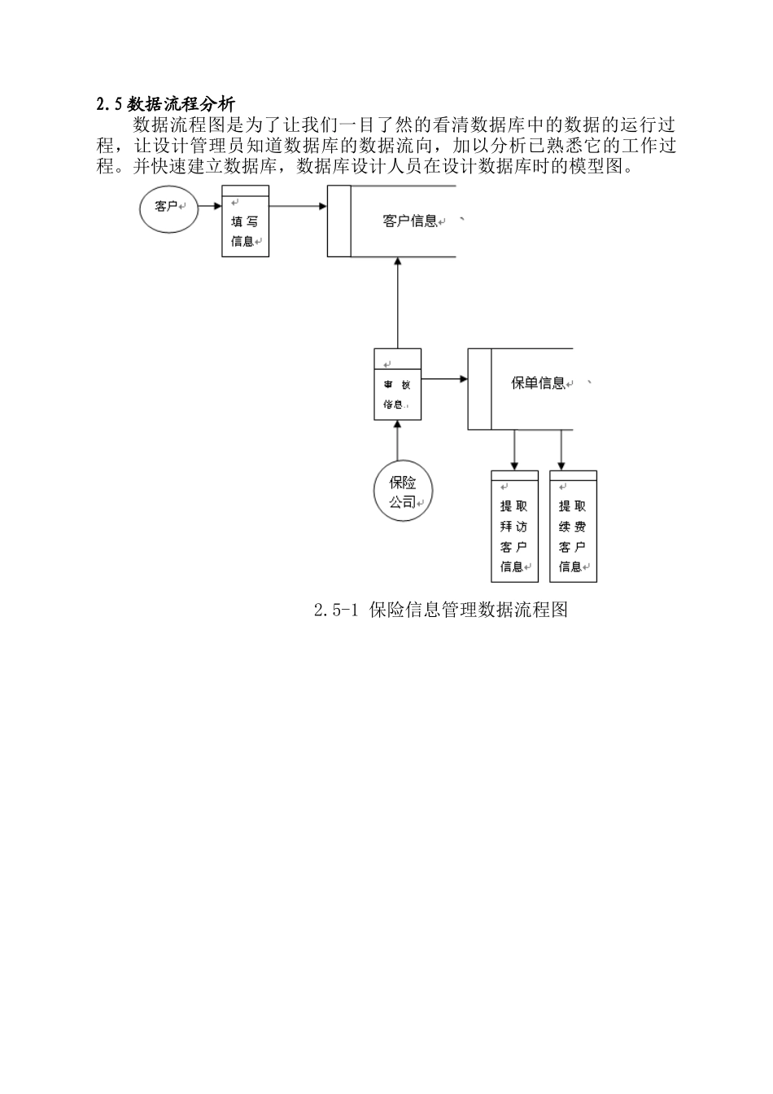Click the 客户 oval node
pyautogui.click(x=168, y=207)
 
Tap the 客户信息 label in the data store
pyautogui.click(x=409, y=221)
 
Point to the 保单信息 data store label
pyautogui.click(x=538, y=383)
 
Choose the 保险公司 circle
pyautogui.click(x=403, y=492)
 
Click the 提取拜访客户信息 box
pyautogui.click(x=514, y=527)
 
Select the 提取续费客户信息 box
pyautogui.click(x=573, y=527)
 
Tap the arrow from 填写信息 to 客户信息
pyautogui.click(x=298, y=207)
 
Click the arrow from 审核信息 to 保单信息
pyautogui.click(x=444, y=379)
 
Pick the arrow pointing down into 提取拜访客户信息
pyautogui.click(x=514, y=450)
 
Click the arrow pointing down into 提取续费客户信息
pyautogui.click(x=561, y=450)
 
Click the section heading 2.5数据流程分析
pyautogui.click(x=165, y=104)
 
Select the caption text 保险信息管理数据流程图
pyautogui.click(x=468, y=610)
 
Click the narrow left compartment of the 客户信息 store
pyautogui.click(x=339, y=221)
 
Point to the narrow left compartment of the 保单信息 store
pyautogui.click(x=479, y=389)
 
